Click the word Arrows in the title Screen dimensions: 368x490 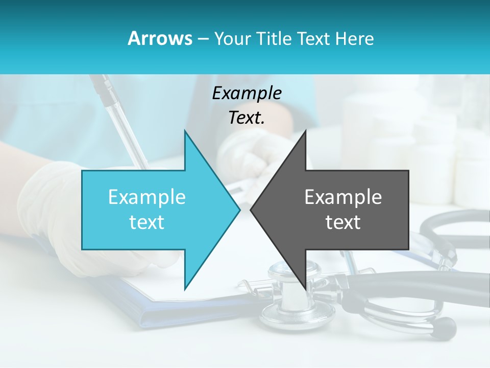160,38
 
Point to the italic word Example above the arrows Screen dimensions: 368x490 247,93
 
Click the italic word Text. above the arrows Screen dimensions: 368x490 247,118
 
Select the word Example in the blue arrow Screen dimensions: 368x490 147,197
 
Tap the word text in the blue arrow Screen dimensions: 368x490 147,222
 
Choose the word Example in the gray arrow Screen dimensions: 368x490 343,197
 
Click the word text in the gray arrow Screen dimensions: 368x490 343,222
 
